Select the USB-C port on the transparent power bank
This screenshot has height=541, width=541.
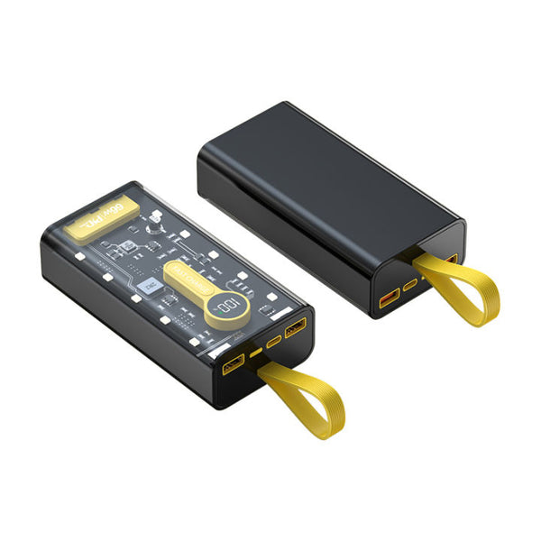273,343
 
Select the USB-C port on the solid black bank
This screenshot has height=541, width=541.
411,284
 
